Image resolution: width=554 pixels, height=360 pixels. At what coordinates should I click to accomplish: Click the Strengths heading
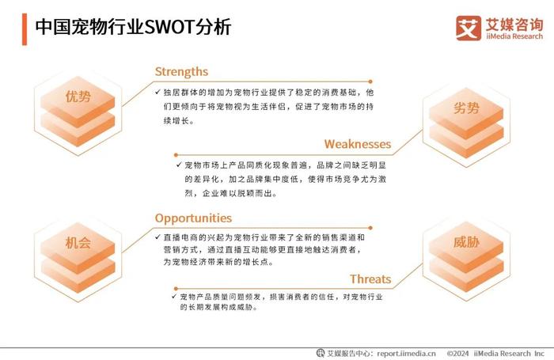coord(181,72)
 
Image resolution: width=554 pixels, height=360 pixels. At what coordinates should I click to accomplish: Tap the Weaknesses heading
coord(358,144)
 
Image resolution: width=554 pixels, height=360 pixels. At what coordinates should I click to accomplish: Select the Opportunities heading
coord(193,218)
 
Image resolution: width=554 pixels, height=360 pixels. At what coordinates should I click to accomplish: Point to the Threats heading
coord(370,279)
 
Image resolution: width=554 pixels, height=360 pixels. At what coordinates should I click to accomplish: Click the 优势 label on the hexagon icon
coord(78,96)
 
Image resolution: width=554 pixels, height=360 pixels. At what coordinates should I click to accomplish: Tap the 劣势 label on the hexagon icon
coord(466,108)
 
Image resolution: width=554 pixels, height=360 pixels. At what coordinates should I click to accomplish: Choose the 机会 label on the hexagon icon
coord(78,243)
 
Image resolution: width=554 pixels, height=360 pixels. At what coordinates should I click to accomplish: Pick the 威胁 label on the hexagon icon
coord(466,242)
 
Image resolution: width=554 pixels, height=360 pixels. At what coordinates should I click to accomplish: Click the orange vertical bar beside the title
coord(25,29)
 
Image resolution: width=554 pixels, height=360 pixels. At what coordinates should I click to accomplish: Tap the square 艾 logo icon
coord(469,28)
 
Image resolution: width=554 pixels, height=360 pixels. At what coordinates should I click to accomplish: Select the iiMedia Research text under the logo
coord(514,36)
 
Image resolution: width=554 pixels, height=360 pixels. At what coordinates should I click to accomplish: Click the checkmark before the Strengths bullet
coord(157,92)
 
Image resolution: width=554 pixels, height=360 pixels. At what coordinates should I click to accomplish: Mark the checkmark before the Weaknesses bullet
coord(179,165)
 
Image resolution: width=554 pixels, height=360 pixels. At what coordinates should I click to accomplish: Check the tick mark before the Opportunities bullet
coord(157,237)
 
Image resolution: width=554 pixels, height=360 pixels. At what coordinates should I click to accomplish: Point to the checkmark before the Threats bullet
coord(174,296)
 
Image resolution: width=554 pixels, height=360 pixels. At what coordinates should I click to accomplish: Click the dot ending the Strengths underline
coord(370,81)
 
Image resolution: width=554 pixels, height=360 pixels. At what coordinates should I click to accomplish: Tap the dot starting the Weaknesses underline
coord(176,155)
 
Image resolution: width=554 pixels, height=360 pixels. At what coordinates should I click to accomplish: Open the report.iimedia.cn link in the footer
coord(406,354)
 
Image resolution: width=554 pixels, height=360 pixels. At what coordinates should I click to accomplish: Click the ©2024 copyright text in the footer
coord(458,354)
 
